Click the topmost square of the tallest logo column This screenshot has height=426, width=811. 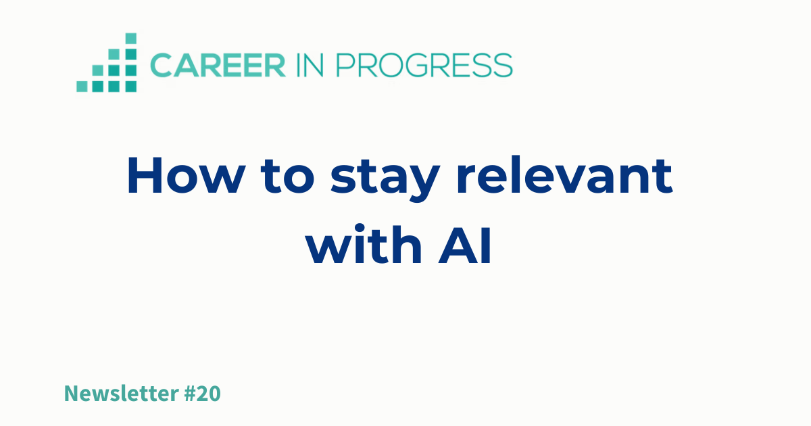(130, 38)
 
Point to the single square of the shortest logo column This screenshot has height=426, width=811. (82, 87)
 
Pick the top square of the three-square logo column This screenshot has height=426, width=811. (114, 54)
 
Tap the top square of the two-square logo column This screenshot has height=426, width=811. (98, 70)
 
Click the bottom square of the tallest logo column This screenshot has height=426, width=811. (130, 87)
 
